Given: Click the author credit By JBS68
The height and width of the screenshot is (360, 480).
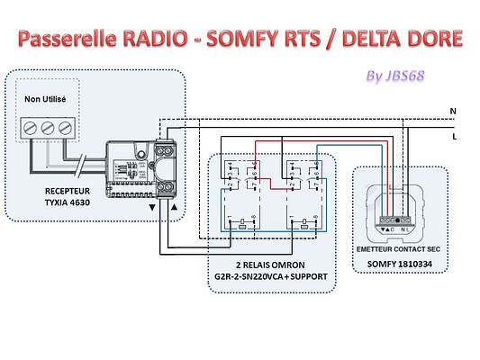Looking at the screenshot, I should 397,75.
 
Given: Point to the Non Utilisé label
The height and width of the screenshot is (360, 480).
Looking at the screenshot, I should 46,99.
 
